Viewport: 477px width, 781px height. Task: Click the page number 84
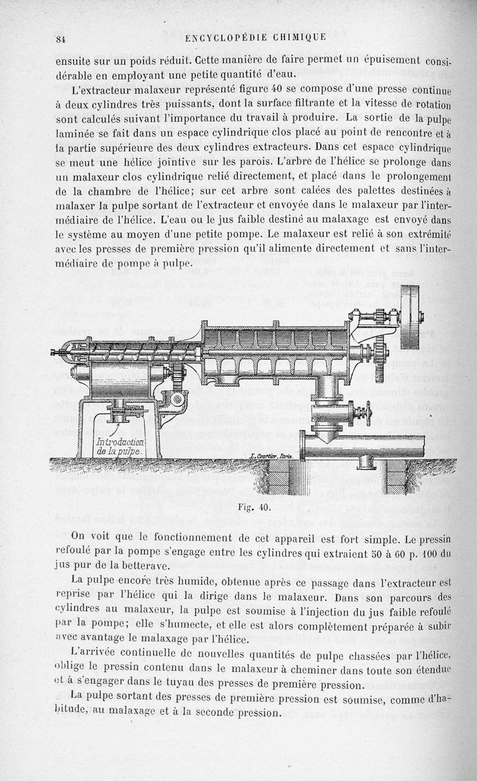coord(60,39)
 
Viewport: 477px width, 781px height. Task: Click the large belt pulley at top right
coord(411,317)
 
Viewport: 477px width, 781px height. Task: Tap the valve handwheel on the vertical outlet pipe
coord(362,413)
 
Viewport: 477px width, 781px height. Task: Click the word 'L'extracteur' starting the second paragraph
coord(96,91)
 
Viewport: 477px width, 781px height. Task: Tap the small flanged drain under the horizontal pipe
coord(367,463)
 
